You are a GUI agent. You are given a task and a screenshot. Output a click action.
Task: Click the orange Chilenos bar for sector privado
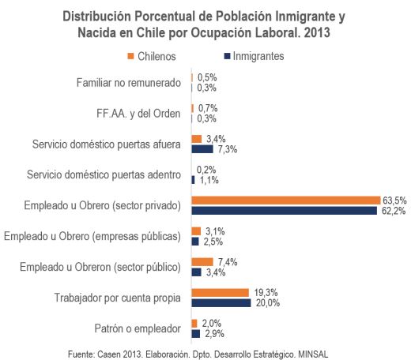[x=286, y=201]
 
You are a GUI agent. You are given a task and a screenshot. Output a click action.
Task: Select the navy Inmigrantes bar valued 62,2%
[x=285, y=211]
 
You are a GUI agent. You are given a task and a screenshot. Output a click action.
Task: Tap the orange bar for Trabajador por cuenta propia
[x=221, y=293]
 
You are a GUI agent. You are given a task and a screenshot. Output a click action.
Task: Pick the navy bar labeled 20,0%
[x=221, y=303]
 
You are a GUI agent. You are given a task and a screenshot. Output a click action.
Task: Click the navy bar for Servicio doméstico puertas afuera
[x=202, y=149]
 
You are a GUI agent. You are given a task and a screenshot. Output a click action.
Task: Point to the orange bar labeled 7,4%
[x=202, y=262]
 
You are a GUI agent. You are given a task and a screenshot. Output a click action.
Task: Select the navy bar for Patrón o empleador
[x=196, y=334]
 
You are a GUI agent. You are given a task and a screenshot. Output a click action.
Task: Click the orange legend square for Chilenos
[x=130, y=56]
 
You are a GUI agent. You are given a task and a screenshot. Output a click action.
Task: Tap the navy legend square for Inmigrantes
[x=227, y=56]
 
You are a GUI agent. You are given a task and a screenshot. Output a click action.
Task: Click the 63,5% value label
[x=394, y=201]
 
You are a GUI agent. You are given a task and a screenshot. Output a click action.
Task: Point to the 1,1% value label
[x=209, y=180]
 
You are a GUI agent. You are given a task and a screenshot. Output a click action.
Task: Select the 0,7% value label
[x=208, y=108]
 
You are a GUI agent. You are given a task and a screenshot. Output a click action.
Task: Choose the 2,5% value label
[x=213, y=242]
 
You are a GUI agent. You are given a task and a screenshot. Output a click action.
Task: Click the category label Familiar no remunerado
[x=129, y=83]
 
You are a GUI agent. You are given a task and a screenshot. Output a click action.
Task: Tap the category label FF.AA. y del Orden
[x=138, y=114]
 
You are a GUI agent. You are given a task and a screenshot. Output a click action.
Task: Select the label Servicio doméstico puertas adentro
[x=104, y=174]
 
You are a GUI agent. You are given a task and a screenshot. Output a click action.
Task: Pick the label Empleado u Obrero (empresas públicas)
[x=92, y=236]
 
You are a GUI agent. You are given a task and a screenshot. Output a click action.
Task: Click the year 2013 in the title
[x=317, y=33]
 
